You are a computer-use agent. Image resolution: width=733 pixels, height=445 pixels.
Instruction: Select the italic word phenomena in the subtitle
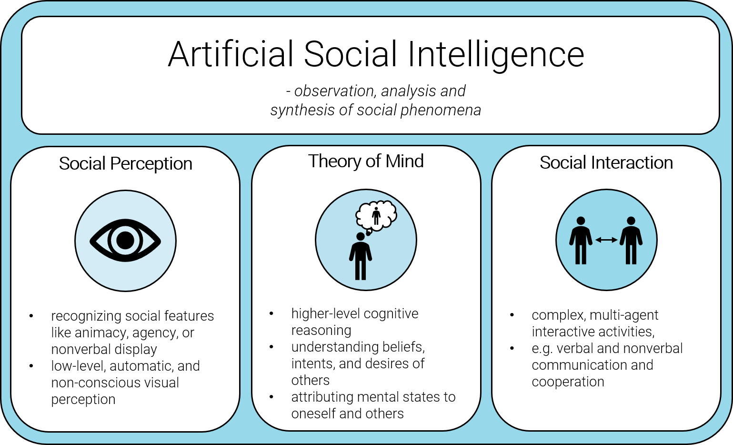click(x=441, y=110)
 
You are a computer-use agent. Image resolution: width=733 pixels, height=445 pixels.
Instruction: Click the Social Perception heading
click(x=126, y=164)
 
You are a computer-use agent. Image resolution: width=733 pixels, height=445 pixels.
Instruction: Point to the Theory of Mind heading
click(x=366, y=162)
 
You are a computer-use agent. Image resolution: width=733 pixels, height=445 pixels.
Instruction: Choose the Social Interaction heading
click(x=606, y=162)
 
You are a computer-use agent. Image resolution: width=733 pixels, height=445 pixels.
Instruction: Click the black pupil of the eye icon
click(x=125, y=240)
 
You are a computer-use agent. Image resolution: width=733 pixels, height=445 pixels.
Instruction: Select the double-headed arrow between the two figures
click(x=606, y=240)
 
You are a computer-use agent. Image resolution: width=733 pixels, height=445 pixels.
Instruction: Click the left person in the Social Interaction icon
click(x=581, y=240)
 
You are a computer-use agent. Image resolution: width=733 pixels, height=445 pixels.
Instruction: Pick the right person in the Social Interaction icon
click(x=631, y=240)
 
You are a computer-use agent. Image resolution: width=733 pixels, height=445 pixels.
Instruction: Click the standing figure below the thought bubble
click(x=360, y=256)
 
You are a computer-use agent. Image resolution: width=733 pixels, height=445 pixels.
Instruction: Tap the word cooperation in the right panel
click(x=568, y=382)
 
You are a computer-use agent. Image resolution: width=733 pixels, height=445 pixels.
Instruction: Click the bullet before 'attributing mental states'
click(x=271, y=397)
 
